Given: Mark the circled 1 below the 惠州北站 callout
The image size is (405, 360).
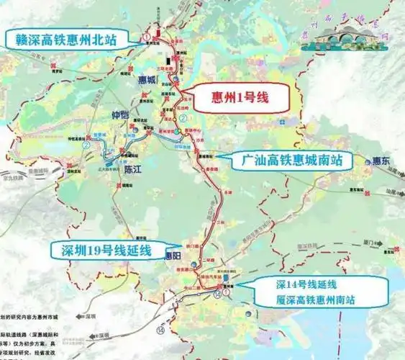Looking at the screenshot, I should pos(146,36).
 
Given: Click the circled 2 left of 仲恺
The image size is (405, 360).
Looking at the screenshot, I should pos(85,144).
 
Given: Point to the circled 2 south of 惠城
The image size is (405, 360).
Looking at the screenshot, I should pos(183,118).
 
